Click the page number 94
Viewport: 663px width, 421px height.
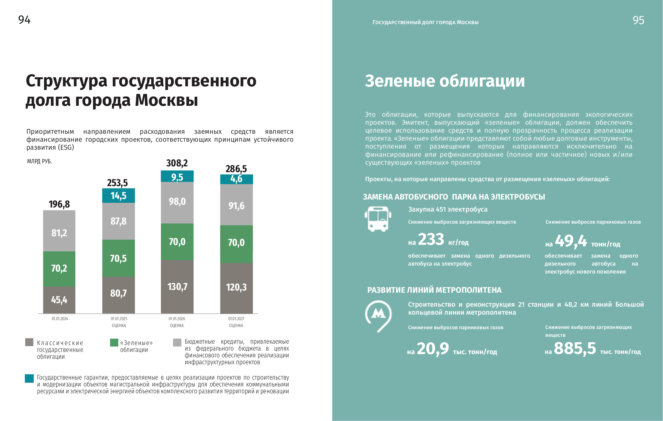(x=24, y=20)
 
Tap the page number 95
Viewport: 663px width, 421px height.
(x=638, y=20)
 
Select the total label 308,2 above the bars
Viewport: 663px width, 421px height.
(x=177, y=163)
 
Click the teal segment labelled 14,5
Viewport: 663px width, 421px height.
(x=118, y=196)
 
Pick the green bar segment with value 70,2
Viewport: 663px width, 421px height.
(x=59, y=269)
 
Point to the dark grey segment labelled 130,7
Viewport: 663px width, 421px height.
(x=177, y=287)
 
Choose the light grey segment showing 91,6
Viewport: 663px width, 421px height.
(x=236, y=205)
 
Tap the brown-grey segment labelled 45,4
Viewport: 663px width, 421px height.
(x=59, y=300)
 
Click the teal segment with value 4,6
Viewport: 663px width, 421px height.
(x=236, y=179)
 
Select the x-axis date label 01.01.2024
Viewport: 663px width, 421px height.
(x=60, y=319)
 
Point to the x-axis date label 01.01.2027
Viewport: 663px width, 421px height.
(x=236, y=319)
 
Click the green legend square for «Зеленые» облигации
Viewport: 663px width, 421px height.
(x=114, y=343)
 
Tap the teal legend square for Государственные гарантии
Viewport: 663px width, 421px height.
(x=29, y=378)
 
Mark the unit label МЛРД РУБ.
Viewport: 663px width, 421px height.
(x=39, y=161)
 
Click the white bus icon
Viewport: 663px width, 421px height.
(x=378, y=219)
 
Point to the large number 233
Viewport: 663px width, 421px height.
(x=431, y=239)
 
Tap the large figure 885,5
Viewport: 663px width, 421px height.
(x=575, y=348)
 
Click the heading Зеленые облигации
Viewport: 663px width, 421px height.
(x=445, y=81)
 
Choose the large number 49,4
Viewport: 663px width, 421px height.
(x=571, y=241)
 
